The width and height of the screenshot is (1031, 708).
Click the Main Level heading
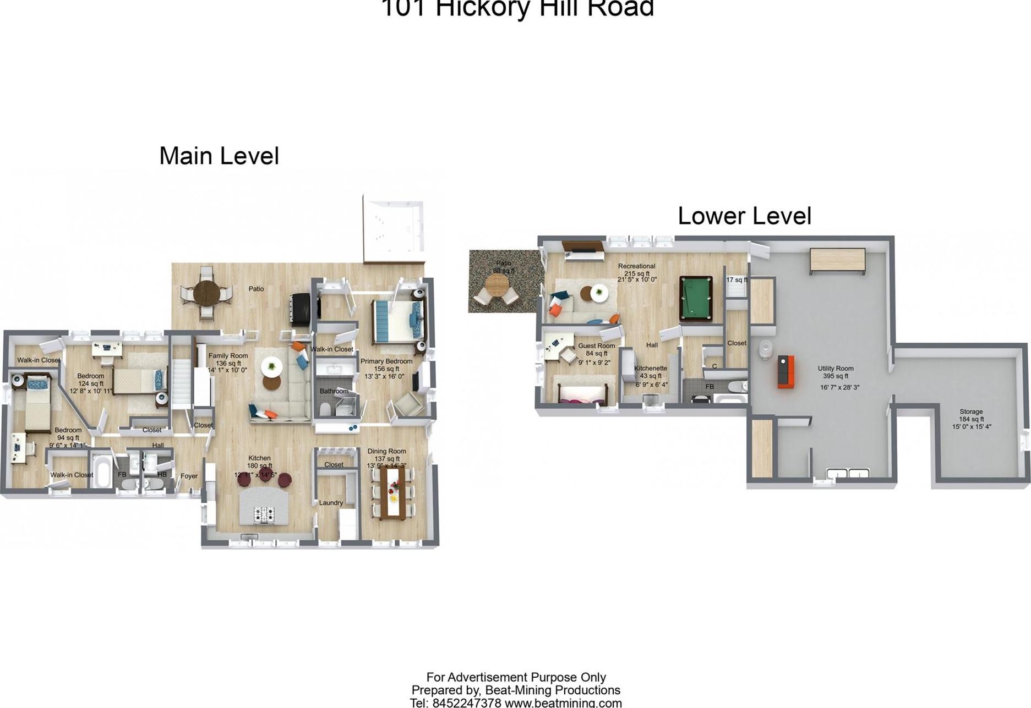(219, 156)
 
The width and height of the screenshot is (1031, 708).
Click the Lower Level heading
(744, 216)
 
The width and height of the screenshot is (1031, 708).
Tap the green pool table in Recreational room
(696, 299)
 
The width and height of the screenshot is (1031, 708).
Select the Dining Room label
(386, 451)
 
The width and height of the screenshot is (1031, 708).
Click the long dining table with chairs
(393, 492)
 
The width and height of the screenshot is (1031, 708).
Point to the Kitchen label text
(259, 458)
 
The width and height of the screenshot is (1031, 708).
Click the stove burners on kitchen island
(264, 514)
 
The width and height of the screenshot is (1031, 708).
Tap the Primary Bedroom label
(386, 361)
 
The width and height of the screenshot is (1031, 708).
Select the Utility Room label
(835, 369)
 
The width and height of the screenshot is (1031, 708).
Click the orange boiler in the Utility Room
(785, 372)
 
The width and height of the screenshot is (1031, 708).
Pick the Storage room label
(971, 411)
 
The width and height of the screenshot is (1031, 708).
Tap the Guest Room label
(596, 346)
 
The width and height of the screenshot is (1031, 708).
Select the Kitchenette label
(650, 369)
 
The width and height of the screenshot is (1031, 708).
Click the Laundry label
(331, 503)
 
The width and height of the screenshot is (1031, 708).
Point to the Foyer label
(189, 476)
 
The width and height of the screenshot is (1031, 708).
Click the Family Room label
(228, 356)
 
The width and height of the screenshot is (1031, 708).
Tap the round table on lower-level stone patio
(497, 284)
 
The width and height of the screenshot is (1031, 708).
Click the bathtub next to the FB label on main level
(101, 471)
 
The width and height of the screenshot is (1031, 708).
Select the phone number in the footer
(466, 702)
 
